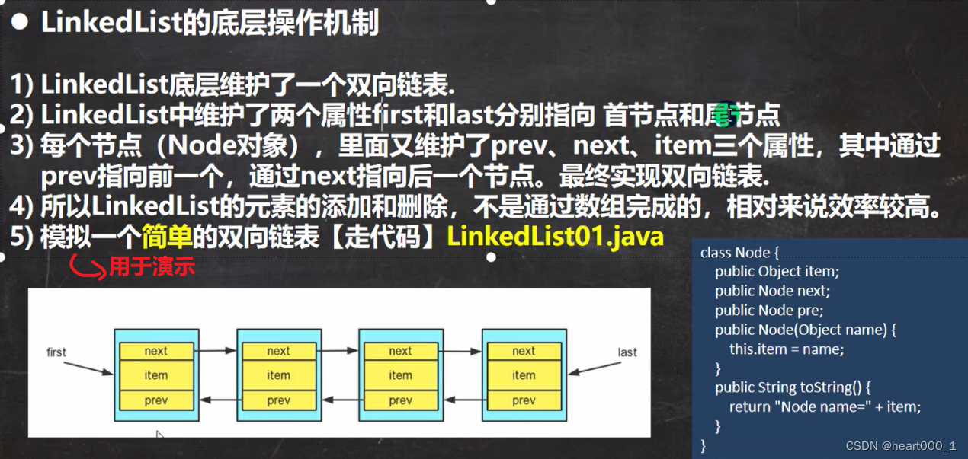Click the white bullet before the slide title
click(20, 21)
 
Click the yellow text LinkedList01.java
click(555, 237)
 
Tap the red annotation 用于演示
click(152, 266)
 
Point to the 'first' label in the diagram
click(56, 352)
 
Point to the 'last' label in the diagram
click(627, 352)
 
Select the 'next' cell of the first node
click(156, 351)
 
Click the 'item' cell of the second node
click(279, 375)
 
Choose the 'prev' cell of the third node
click(401, 400)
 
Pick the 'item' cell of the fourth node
click(524, 375)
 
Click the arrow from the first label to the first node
click(88, 368)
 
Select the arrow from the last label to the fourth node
click(595, 368)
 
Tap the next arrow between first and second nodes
click(215, 351)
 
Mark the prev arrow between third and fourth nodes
click(463, 400)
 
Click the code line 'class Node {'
click(739, 253)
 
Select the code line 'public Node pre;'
click(769, 311)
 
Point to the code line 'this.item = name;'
click(787, 349)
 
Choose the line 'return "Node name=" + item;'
click(825, 406)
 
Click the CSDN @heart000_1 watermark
click(901, 446)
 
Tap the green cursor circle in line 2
click(727, 115)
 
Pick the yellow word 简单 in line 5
click(167, 237)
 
